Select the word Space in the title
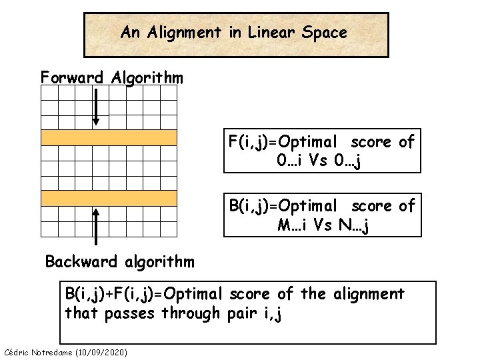coord(323,33)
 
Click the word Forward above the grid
coord(72,78)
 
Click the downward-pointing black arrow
coord(96,106)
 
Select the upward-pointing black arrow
coord(96,227)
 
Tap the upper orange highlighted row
coord(109,138)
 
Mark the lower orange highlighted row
coord(109,197)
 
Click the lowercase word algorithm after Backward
coord(157,261)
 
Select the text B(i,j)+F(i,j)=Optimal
coord(144,294)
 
